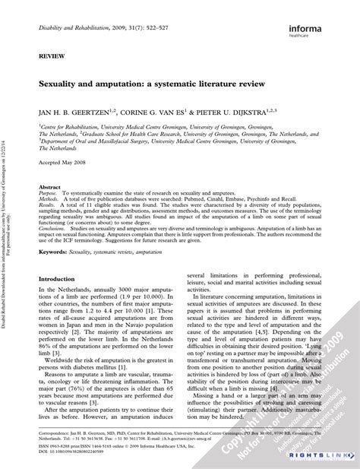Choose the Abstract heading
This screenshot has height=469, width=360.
pos(50,185)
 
